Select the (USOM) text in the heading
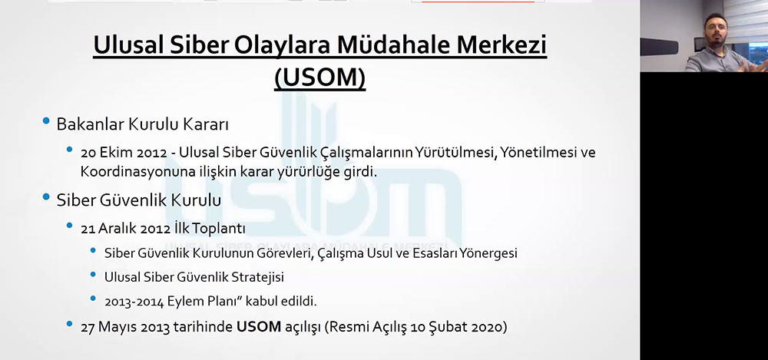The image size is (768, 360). (x=319, y=77)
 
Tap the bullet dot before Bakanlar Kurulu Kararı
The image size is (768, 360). (x=46, y=121)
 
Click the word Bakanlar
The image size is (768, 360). (x=90, y=124)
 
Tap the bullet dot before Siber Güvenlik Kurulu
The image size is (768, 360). (x=46, y=197)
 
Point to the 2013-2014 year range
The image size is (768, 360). (x=134, y=301)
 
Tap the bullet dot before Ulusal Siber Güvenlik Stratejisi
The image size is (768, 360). (x=93, y=274)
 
